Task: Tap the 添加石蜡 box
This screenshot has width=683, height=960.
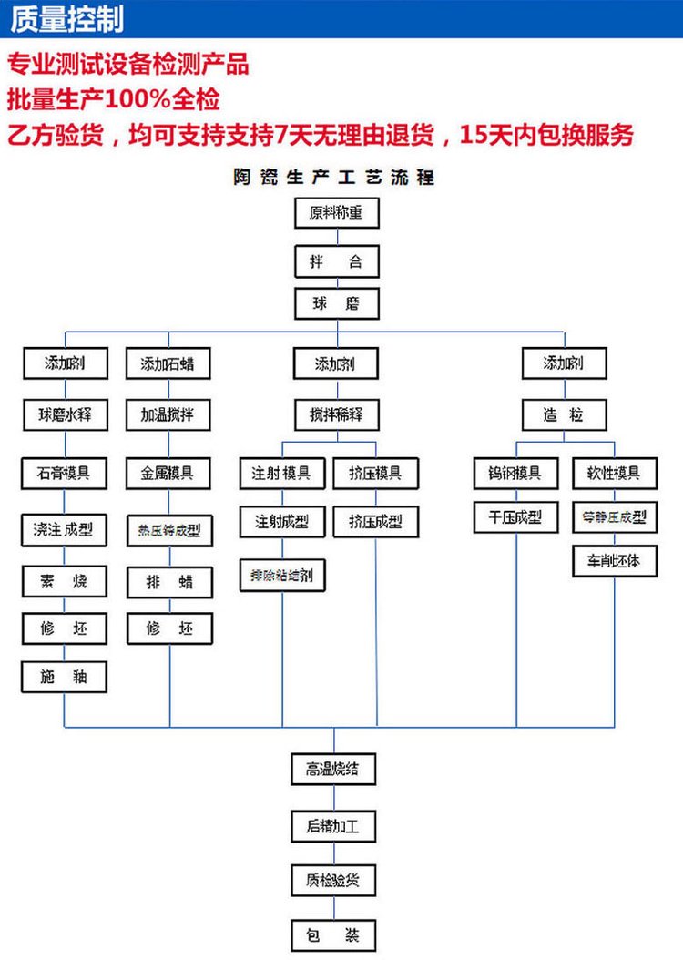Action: click(x=168, y=364)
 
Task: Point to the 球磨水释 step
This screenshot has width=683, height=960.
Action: click(x=66, y=415)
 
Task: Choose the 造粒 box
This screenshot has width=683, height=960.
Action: click(x=564, y=415)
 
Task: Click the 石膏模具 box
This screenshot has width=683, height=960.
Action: click(x=64, y=473)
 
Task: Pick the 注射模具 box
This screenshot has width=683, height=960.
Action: click(x=281, y=474)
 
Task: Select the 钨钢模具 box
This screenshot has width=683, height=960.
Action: click(x=515, y=474)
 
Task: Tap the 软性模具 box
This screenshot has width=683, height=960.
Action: click(x=613, y=474)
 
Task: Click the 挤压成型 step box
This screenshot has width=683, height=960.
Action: click(x=375, y=522)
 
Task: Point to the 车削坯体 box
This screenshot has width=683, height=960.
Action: click(x=613, y=561)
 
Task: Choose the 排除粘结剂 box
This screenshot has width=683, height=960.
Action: click(x=281, y=576)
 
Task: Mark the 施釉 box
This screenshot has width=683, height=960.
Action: click(x=64, y=678)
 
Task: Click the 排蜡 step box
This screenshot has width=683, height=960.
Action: click(x=169, y=581)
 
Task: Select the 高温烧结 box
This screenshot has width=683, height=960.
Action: click(x=333, y=769)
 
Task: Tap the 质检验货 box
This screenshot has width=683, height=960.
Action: click(x=333, y=881)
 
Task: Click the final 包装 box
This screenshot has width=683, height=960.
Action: click(x=333, y=934)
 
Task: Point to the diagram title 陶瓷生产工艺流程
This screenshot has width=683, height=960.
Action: click(x=334, y=178)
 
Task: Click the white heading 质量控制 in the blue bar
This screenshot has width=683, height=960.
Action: click(x=66, y=19)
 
